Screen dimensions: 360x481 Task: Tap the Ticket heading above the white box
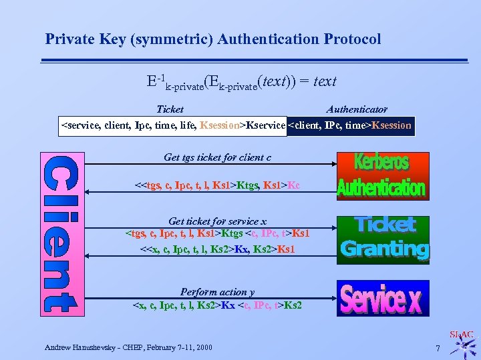tap(170, 109)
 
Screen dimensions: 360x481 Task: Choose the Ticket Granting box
tap(383, 239)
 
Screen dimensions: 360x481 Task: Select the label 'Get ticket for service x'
tap(217, 221)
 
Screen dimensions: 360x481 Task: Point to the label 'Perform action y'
tap(217, 292)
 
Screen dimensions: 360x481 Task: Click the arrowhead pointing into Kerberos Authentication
tap(332, 164)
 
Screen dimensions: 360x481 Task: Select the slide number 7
tap(438, 349)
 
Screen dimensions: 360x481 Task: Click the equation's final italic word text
tap(325, 81)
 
